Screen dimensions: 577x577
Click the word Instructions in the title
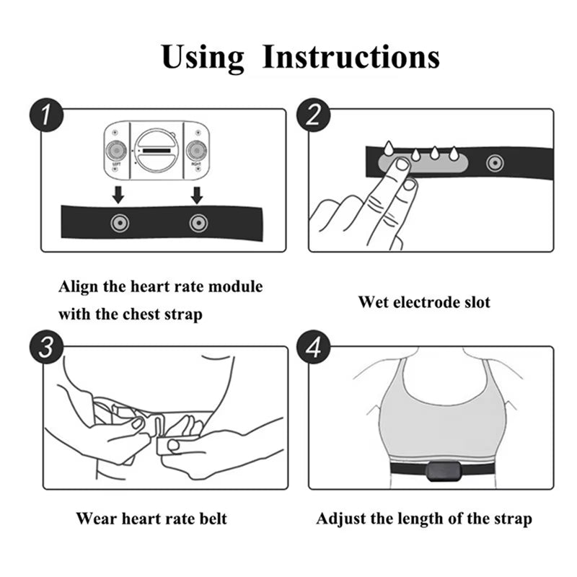point(351,57)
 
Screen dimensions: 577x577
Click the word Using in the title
point(203,57)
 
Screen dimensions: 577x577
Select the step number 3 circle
point(46,348)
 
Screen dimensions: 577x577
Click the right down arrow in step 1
point(198,193)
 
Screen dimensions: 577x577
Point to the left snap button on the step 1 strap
point(119,223)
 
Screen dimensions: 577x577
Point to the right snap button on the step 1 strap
point(198,223)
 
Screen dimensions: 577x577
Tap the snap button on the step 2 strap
point(494,163)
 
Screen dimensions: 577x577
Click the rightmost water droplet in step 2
point(454,154)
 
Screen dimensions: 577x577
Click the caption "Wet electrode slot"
point(424,302)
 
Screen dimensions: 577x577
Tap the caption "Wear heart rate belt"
point(151,518)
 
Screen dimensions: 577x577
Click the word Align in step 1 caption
point(77,286)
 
